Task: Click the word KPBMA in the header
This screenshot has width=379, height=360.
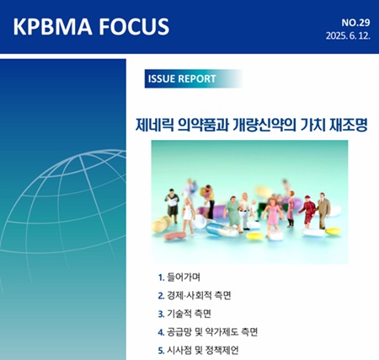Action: pos(52,26)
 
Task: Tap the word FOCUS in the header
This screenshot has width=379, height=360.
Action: pos(134,26)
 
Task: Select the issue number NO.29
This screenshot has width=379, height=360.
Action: pos(355,23)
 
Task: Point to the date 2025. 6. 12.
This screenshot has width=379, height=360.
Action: pos(348,36)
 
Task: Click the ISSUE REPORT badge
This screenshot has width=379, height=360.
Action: pos(193,78)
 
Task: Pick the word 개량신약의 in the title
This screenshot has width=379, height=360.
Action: pos(264,125)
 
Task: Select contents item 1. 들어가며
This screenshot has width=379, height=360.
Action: pos(179,277)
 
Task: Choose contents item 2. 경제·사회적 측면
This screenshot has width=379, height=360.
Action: pos(195,296)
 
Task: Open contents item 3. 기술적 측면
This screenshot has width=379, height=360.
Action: pos(184,314)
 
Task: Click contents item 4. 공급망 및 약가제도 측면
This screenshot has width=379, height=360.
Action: pos(208,332)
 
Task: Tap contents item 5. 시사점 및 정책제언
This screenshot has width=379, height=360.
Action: pos(198,351)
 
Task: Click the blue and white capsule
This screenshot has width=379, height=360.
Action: pos(222,229)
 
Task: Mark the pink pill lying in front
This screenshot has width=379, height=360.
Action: pos(174,235)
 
